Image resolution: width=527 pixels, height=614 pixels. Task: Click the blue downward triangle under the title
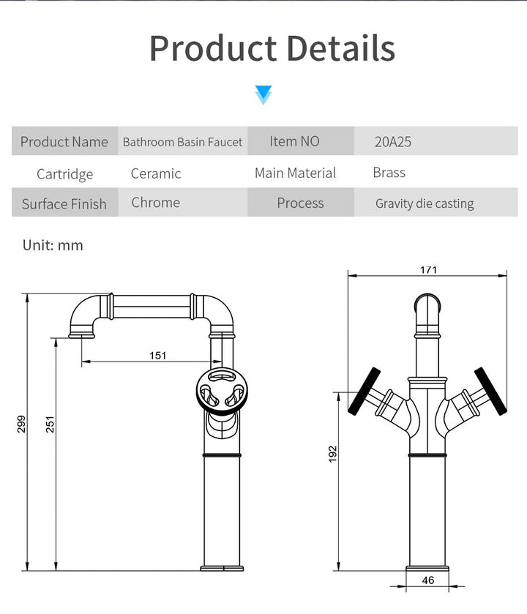pyautogui.click(x=263, y=94)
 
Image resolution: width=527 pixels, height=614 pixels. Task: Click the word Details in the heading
pyautogui.click(x=340, y=48)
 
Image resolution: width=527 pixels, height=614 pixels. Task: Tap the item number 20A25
pyautogui.click(x=393, y=142)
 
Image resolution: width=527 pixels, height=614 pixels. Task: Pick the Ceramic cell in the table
pyautogui.click(x=156, y=173)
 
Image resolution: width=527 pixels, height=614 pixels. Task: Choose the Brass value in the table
pyautogui.click(x=389, y=173)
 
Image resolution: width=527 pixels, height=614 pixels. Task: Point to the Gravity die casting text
pyautogui.click(x=425, y=203)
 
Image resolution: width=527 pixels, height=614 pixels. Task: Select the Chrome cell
pyautogui.click(x=156, y=203)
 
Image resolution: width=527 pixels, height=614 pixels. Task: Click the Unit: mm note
pyautogui.click(x=53, y=245)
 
